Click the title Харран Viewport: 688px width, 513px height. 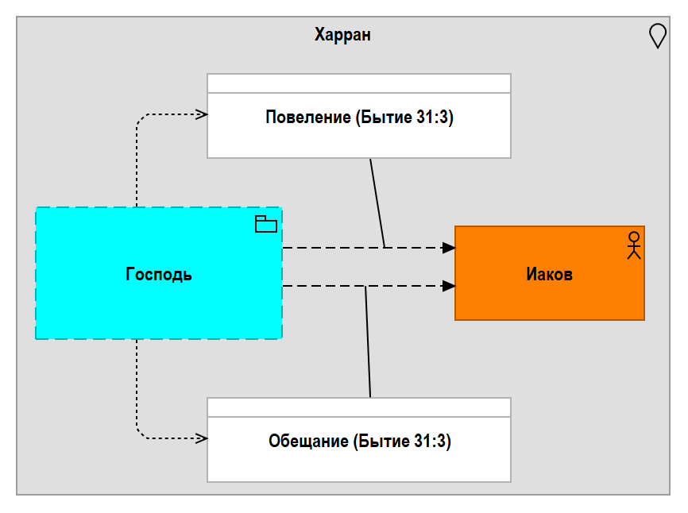click(x=342, y=35)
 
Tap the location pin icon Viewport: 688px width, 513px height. click(x=657, y=36)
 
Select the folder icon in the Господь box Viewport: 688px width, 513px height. click(x=266, y=224)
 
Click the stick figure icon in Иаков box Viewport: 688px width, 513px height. click(x=634, y=245)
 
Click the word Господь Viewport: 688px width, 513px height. click(x=159, y=275)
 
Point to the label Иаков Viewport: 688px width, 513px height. click(x=549, y=275)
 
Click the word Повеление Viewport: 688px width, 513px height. click(x=308, y=117)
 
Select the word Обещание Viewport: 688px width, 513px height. click(x=308, y=441)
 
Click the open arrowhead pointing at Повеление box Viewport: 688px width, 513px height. click(x=202, y=114)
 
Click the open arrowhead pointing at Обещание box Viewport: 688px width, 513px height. click(x=202, y=438)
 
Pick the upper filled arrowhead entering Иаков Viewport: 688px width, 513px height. click(x=448, y=248)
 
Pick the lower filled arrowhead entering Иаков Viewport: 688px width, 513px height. click(x=448, y=286)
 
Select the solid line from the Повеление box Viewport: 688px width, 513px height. click(x=377, y=203)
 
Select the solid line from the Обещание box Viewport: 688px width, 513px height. click(x=368, y=342)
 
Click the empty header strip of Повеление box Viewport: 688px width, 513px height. click(x=359, y=83)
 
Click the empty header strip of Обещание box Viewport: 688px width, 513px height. click(x=359, y=407)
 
